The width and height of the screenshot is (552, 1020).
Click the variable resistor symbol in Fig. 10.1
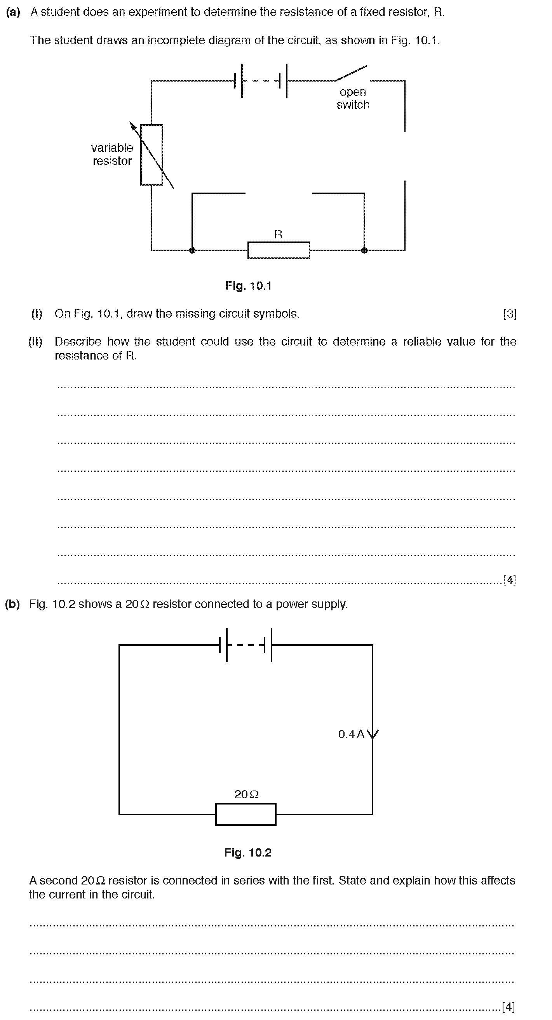point(152,155)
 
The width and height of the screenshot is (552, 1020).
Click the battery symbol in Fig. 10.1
point(261,81)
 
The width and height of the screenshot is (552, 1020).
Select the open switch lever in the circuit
point(351,73)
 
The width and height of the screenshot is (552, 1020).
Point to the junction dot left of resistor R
point(192,250)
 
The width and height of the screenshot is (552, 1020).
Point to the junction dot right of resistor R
point(364,250)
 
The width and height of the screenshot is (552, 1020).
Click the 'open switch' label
point(353,98)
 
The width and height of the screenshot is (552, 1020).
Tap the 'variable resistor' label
point(112,155)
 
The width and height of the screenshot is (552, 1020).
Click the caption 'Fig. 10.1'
point(249,286)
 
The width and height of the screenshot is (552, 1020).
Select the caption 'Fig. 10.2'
point(248,852)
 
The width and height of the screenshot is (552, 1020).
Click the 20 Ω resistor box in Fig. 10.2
point(246,814)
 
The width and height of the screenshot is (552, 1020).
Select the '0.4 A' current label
point(351,735)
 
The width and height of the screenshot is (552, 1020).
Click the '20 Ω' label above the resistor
point(247,794)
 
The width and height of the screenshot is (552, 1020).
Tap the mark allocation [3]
point(510,314)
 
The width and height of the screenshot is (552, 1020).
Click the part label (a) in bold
point(13,12)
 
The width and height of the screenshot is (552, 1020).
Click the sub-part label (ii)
point(35,342)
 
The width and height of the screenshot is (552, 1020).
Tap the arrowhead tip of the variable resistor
point(130,122)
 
